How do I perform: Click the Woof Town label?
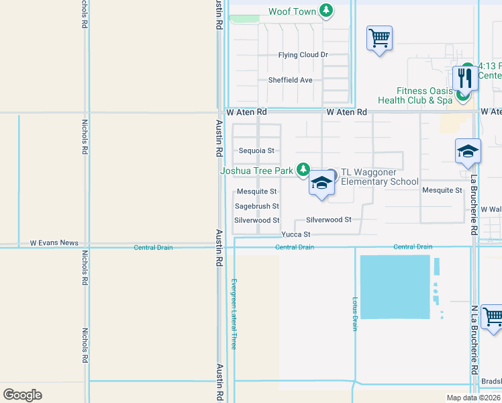292,11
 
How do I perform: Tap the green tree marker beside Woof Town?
326,10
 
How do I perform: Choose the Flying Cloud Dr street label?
303,55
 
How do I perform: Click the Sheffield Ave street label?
291,80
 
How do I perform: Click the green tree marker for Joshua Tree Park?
304,169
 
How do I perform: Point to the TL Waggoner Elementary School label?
379,177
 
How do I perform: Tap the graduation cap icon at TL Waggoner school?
322,183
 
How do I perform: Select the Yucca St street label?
296,234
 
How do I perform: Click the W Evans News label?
54,243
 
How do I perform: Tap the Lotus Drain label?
355,314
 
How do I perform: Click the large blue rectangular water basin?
395,287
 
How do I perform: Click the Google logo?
22,395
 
